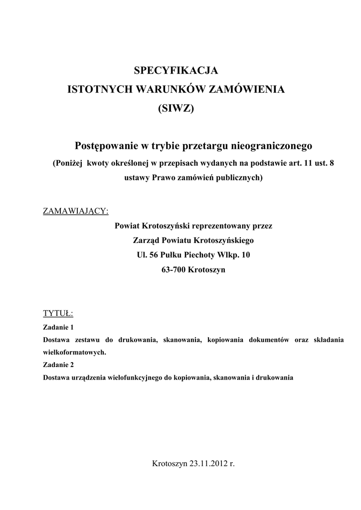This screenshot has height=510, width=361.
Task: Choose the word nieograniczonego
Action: coord(271,145)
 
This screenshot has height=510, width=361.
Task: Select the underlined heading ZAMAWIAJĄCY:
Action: coord(76,211)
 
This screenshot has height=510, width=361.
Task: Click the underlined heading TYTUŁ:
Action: coord(58,313)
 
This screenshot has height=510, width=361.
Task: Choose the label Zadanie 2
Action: coord(58,365)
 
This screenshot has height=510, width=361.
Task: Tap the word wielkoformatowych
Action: coord(74,352)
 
